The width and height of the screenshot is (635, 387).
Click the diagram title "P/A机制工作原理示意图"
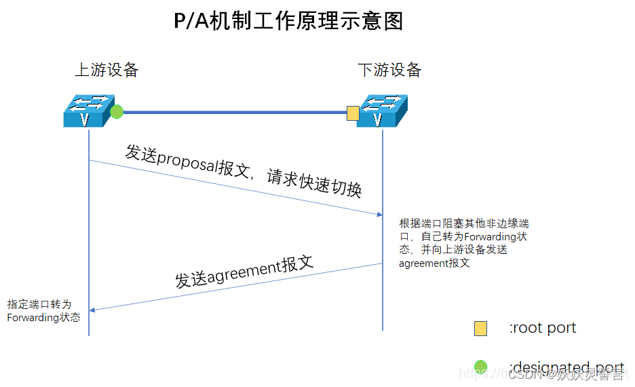(x=289, y=21)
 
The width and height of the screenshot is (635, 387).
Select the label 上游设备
(x=107, y=69)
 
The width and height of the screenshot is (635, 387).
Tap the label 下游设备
(x=389, y=69)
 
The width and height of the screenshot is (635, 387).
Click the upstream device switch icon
(x=86, y=111)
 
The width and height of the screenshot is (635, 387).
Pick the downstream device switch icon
(x=380, y=111)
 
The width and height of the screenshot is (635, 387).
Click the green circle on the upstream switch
(x=117, y=111)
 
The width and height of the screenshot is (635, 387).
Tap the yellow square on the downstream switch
(x=353, y=113)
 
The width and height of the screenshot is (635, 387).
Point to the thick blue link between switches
(x=234, y=112)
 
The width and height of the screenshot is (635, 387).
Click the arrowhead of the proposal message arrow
(x=379, y=215)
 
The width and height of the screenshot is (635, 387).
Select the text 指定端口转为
(x=39, y=304)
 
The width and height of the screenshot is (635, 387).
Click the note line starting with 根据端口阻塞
(x=464, y=223)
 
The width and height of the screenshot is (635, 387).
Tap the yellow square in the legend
(x=480, y=329)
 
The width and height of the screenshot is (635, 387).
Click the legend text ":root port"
(x=543, y=328)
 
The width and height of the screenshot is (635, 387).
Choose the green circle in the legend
(x=480, y=367)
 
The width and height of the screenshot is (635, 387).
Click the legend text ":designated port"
(x=566, y=368)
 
